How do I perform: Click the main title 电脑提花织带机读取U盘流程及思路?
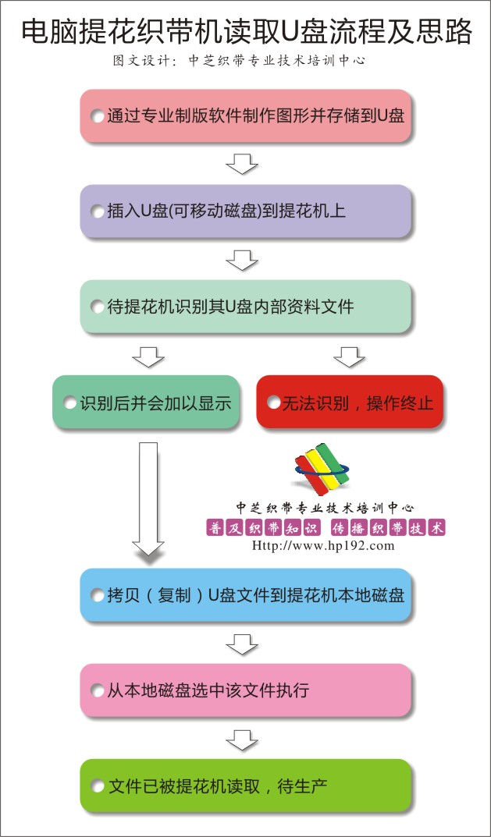[x=247, y=31]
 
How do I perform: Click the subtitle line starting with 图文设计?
[x=239, y=60]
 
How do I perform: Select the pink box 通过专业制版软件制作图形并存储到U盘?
[x=246, y=115]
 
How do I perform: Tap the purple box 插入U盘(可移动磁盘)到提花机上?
[x=246, y=211]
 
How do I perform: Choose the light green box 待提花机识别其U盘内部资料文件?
[x=246, y=307]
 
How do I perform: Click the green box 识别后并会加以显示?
[x=145, y=402]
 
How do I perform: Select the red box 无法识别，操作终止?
[x=350, y=402]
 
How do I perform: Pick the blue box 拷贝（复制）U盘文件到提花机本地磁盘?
[x=246, y=594]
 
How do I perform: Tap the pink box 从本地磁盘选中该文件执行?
[x=246, y=690]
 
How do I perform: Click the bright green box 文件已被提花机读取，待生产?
[x=246, y=786]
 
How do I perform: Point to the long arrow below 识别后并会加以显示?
[x=148, y=498]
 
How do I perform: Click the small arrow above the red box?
[x=350, y=356]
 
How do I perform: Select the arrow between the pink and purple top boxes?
[x=242, y=164]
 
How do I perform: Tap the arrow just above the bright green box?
[x=242, y=739]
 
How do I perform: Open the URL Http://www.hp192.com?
[x=322, y=545]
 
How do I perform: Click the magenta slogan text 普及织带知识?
[x=262, y=528]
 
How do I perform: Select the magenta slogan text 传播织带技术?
[x=389, y=528]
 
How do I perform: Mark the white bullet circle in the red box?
[x=274, y=402]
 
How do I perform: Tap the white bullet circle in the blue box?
[x=98, y=595]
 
